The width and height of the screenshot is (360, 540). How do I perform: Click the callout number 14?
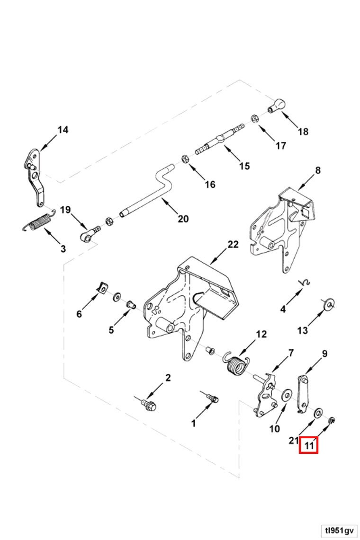[63, 130]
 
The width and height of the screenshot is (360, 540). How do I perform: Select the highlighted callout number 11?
[308, 445]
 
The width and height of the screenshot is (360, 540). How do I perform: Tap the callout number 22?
[233, 244]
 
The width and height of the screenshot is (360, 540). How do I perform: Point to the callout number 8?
[317, 170]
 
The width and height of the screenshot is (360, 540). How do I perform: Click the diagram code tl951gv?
[339, 531]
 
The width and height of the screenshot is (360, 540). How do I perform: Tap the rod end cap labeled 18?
[277, 105]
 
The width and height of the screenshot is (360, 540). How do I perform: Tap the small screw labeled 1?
[214, 398]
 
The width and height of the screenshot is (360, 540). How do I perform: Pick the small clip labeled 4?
[306, 283]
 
